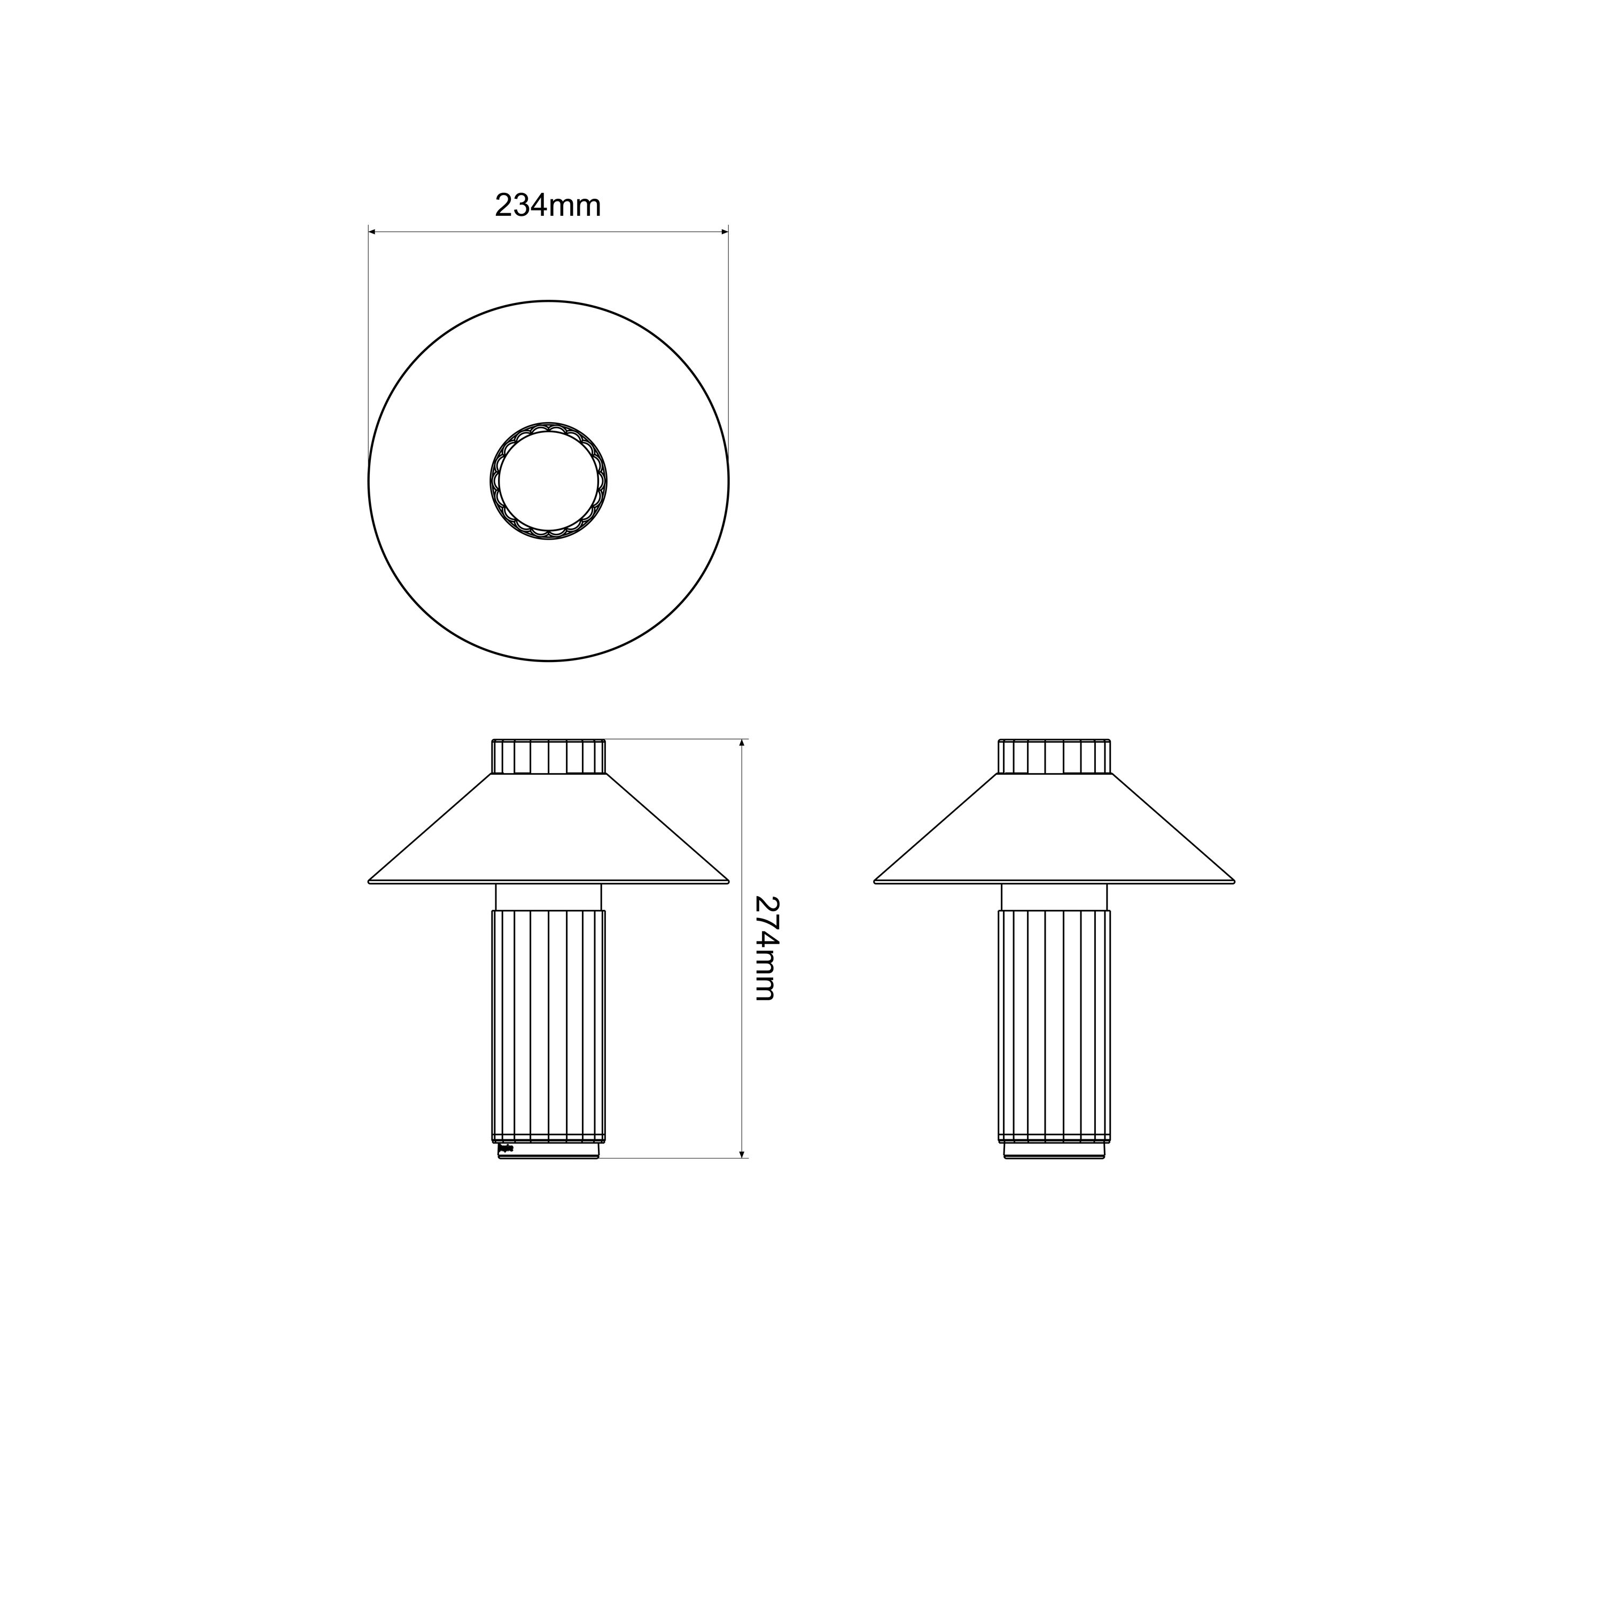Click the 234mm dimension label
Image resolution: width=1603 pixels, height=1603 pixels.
pyautogui.click(x=548, y=205)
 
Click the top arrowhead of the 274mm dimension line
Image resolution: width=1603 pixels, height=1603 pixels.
pyautogui.click(x=742, y=743)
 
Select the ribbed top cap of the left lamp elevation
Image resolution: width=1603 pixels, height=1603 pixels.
pyautogui.click(x=548, y=756)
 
